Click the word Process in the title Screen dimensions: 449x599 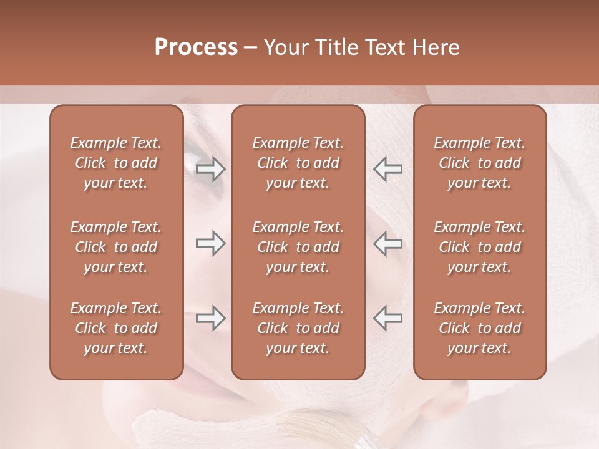pos(196,47)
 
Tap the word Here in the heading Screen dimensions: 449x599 pos(436,47)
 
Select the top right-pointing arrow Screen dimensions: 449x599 pos(211,169)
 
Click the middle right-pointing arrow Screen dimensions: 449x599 pos(211,243)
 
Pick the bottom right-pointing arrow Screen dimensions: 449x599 pos(211,318)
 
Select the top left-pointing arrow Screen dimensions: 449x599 pos(388,169)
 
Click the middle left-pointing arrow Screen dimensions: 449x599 pos(388,243)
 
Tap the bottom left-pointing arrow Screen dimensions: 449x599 pos(388,318)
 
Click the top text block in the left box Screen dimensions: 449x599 pos(116,163)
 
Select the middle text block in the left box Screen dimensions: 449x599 pos(116,247)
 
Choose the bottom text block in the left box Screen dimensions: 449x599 pos(116,328)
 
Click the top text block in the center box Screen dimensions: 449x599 pos(298,163)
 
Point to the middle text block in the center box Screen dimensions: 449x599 pos(298,247)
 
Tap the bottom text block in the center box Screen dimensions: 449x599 pos(298,328)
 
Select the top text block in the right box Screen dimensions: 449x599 pos(480,163)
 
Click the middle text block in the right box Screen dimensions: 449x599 pos(480,247)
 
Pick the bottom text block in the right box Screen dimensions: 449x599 pos(480,328)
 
